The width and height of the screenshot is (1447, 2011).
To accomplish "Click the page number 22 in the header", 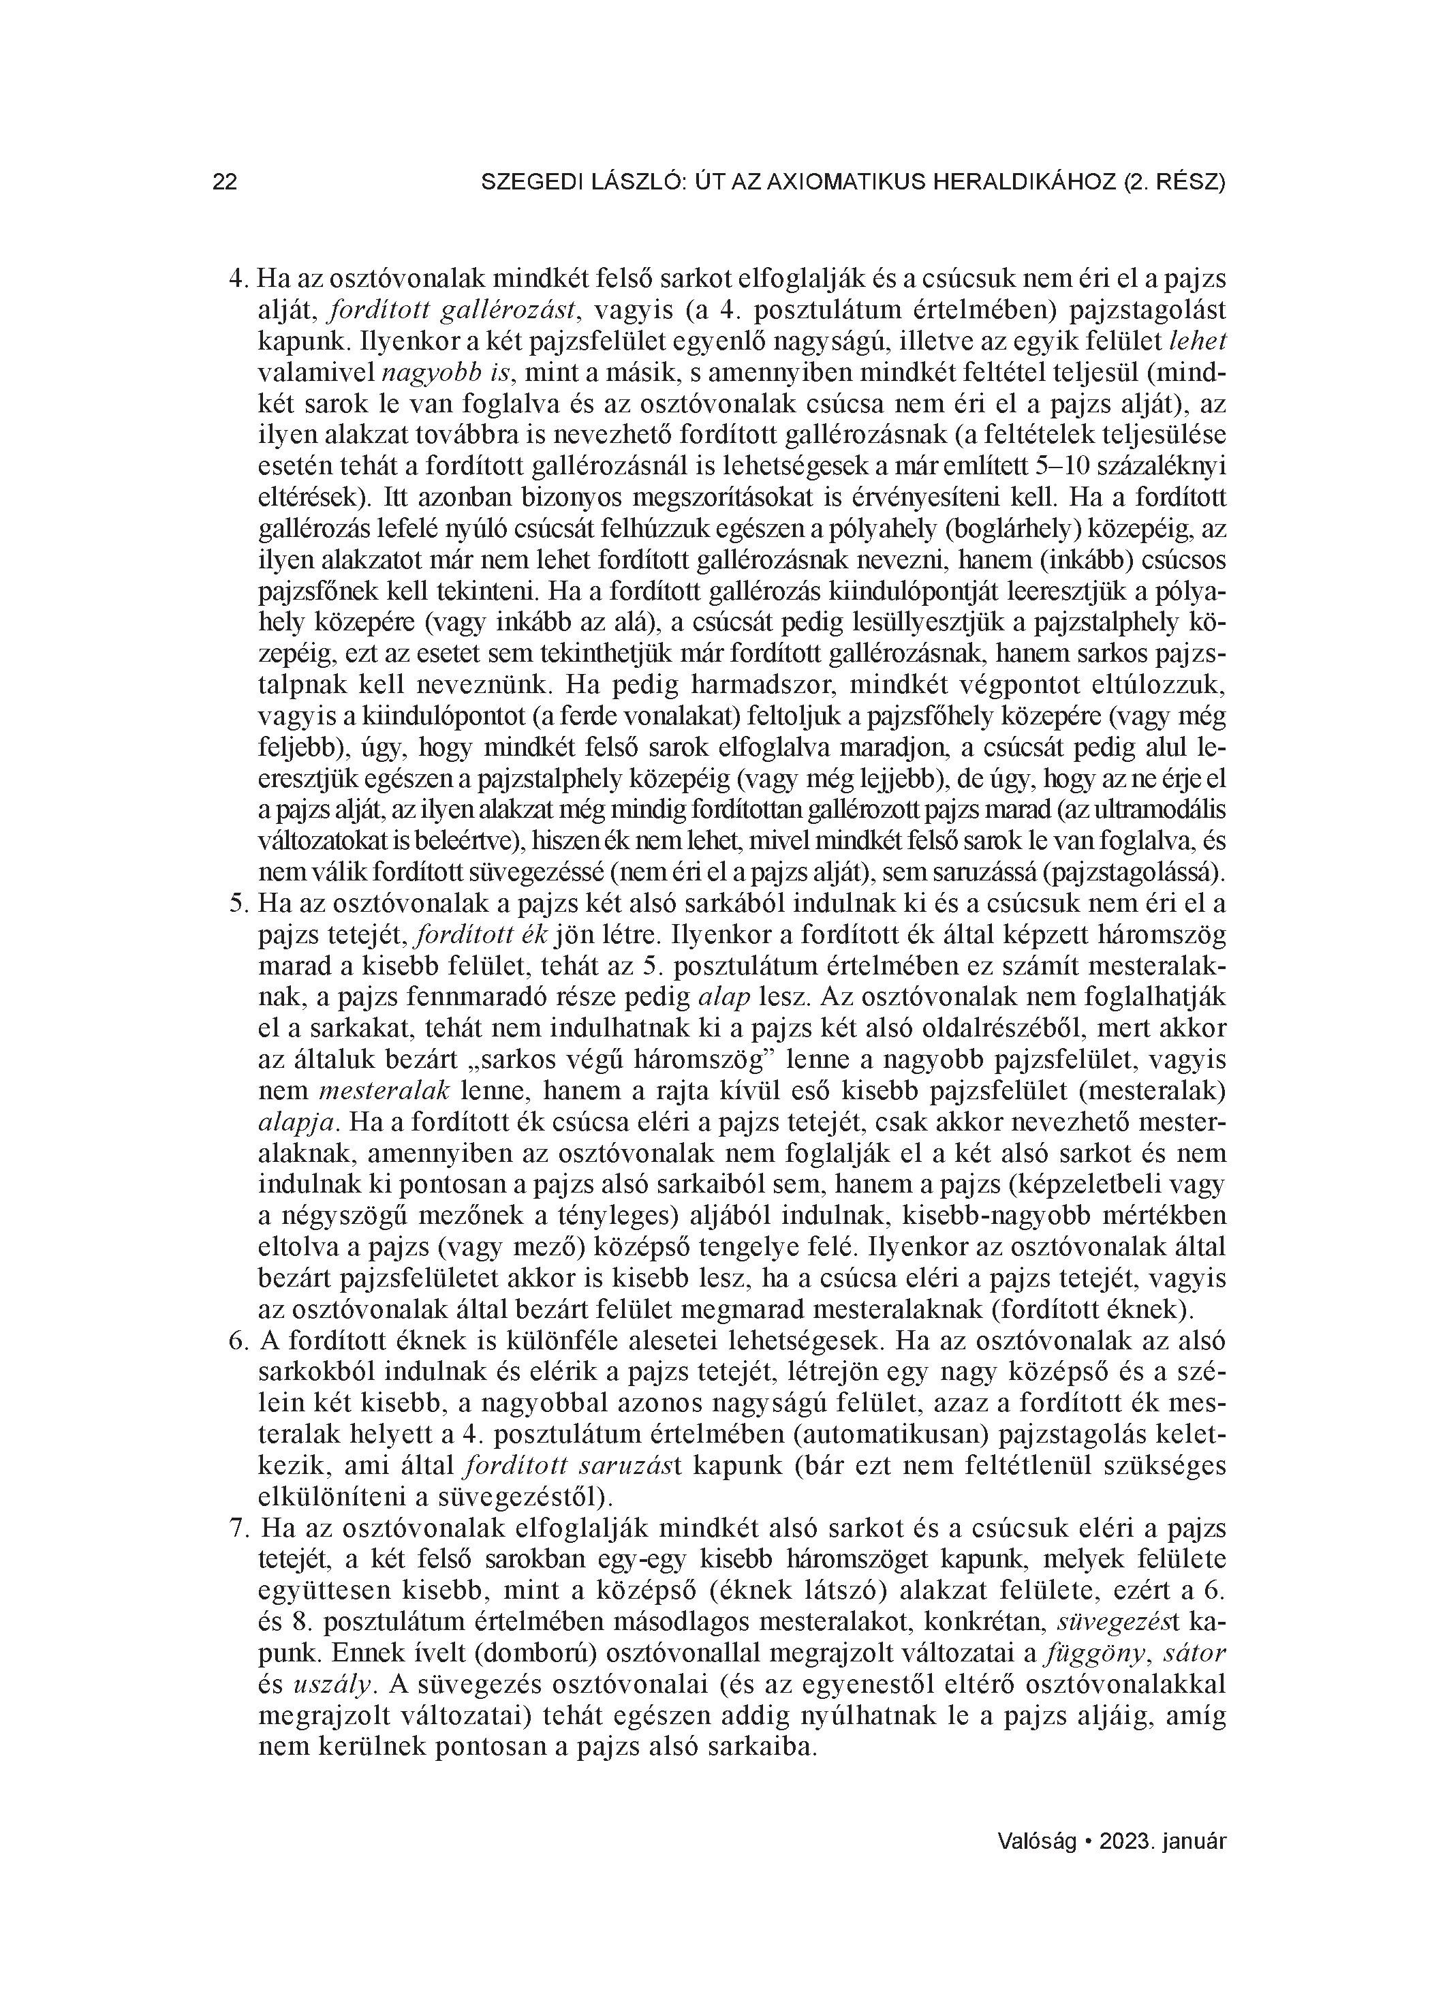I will [225, 183].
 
